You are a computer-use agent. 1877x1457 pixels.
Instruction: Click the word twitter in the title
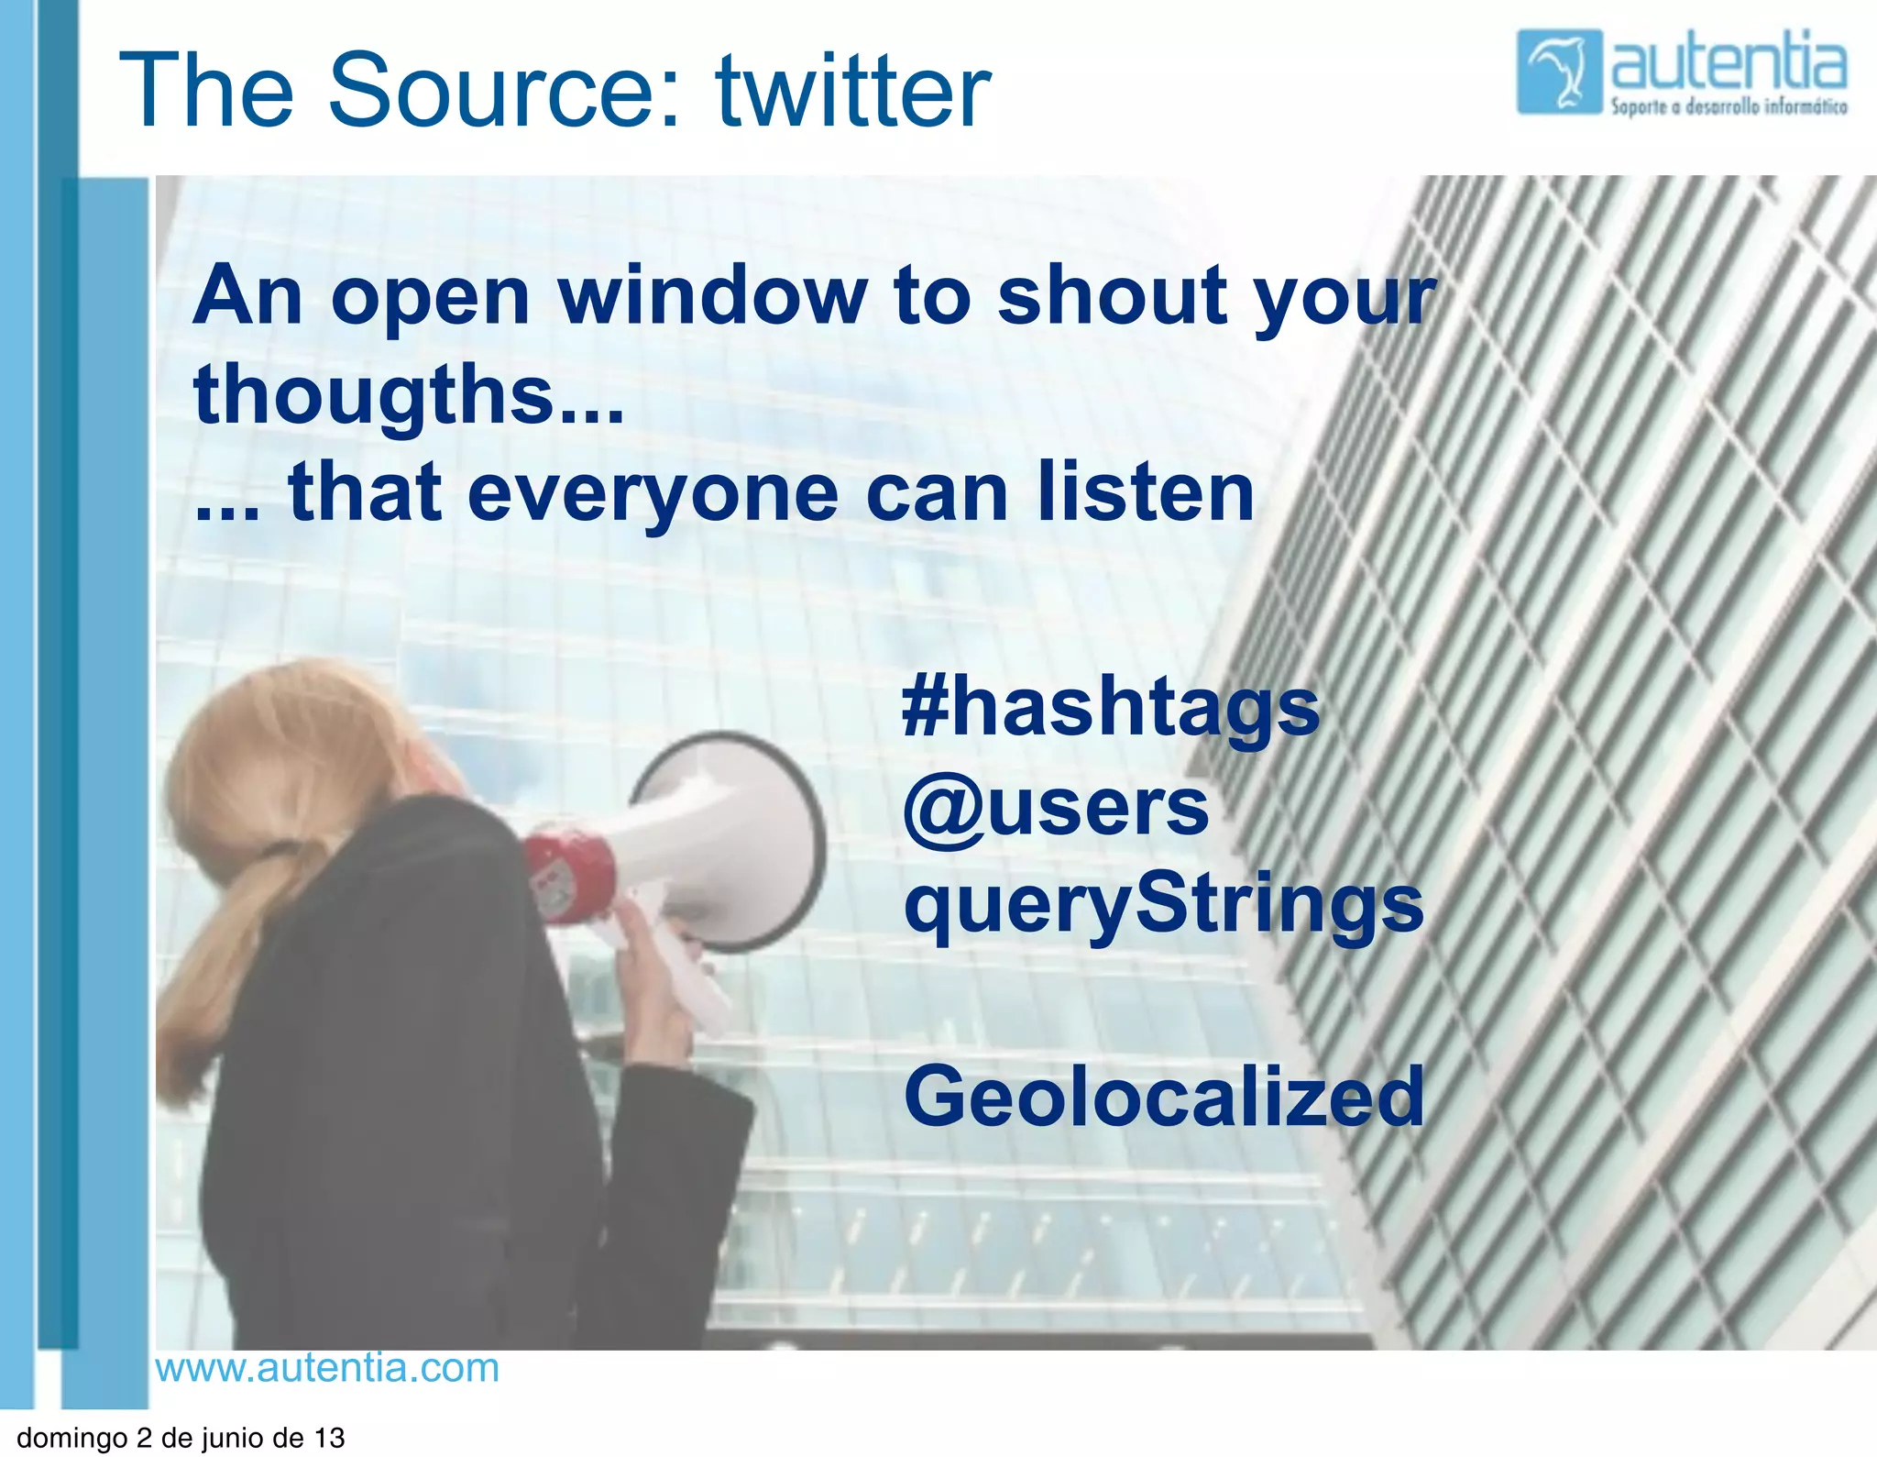[x=852, y=92]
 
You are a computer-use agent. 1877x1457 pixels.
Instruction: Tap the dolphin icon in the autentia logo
[x=1559, y=72]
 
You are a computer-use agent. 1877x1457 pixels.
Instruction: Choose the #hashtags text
[x=1110, y=708]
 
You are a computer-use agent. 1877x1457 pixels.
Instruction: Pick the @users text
[x=1056, y=809]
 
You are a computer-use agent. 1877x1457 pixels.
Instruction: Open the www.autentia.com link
[x=327, y=1368]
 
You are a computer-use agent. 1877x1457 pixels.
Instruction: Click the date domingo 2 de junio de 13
[x=181, y=1438]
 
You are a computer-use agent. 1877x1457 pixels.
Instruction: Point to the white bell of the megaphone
[x=733, y=839]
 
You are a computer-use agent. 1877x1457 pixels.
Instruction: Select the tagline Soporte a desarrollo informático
[x=1729, y=107]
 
